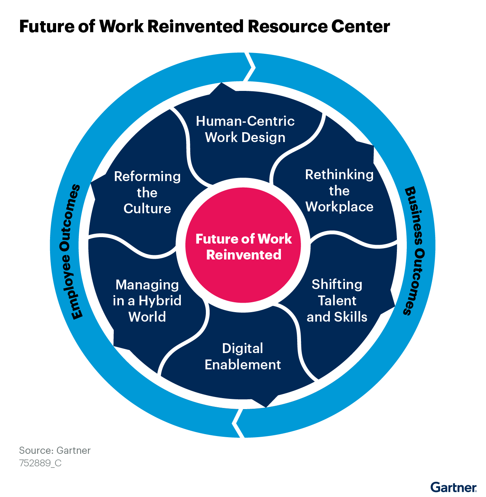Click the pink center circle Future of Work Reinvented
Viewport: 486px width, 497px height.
point(243,246)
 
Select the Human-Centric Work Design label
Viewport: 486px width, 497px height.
point(245,129)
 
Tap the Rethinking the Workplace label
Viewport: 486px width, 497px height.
point(339,191)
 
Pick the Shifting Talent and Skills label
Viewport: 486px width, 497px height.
point(337,300)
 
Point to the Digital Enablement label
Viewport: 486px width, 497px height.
point(243,356)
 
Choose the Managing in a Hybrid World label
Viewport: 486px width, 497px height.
point(147,300)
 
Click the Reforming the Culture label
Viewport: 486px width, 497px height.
point(147,192)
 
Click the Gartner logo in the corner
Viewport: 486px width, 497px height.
point(453,487)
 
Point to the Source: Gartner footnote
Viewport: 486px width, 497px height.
point(55,450)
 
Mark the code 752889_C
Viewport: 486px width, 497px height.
point(40,463)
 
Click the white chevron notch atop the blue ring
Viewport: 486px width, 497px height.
point(250,67)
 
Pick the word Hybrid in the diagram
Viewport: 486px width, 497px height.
point(160,301)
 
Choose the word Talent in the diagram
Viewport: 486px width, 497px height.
point(337,301)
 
